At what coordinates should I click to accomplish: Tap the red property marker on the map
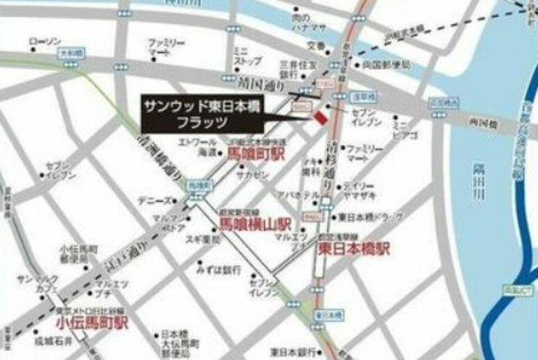[x=319, y=116]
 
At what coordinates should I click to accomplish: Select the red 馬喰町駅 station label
[x=257, y=154]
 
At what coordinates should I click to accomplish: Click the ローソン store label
[x=45, y=41]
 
